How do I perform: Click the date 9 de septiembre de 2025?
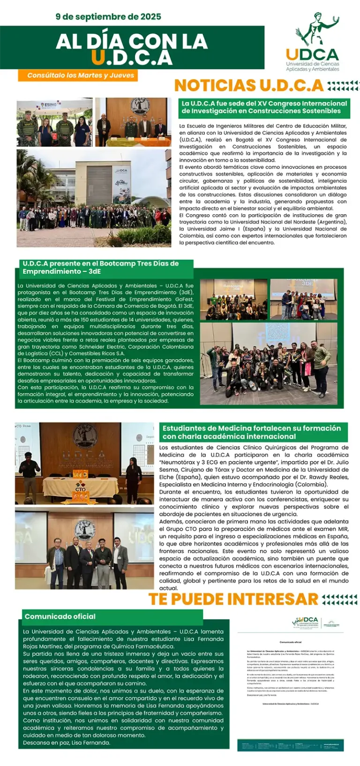pyautogui.click(x=108, y=17)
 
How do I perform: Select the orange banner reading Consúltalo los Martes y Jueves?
pyautogui.click(x=78, y=75)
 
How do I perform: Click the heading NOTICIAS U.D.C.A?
pyautogui.click(x=249, y=85)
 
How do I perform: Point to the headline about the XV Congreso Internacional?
pyautogui.click(x=264, y=107)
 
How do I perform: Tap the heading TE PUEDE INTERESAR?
pyautogui.click(x=233, y=599)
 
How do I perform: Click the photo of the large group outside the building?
pyautogui.click(x=94, y=198)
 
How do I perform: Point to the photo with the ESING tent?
pyautogui.click(x=54, y=122)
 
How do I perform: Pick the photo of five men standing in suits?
pyautogui.click(x=84, y=548)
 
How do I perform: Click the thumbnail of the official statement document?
pyautogui.click(x=291, y=682)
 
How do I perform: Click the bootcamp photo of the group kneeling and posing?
pyautogui.click(x=268, y=363)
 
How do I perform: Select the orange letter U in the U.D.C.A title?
pyautogui.click(x=98, y=58)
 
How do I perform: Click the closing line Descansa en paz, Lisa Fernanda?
pyautogui.click(x=67, y=743)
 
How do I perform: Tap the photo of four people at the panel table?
pyautogui.click(x=133, y=122)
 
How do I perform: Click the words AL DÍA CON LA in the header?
pyautogui.click(x=132, y=42)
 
